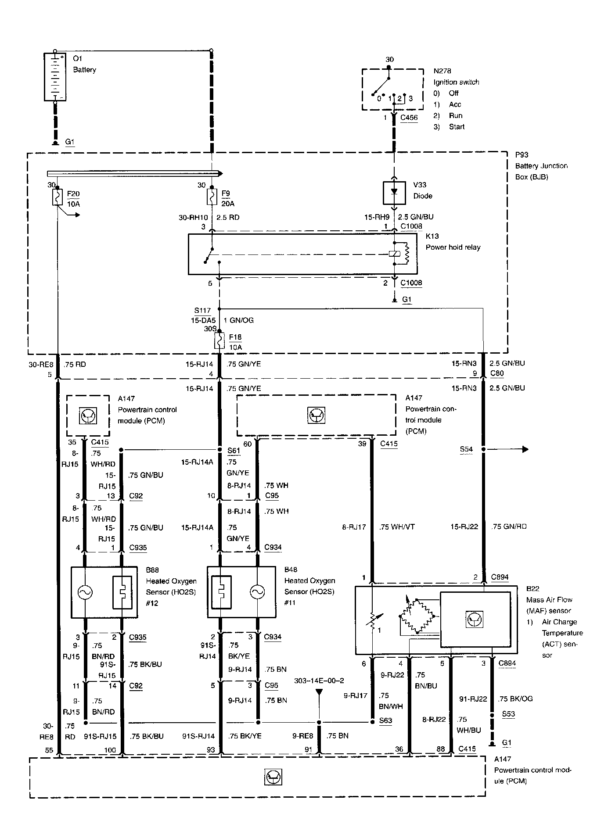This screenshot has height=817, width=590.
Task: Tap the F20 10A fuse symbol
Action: pos(58,197)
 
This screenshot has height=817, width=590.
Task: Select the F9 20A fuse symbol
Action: pos(212,197)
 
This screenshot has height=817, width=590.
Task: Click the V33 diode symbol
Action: pos(394,193)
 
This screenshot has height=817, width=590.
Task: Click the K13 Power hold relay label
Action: pos(453,242)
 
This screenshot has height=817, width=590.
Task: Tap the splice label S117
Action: pos(202,311)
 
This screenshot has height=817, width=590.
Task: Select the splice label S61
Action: pos(234,451)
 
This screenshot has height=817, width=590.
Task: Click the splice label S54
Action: pos(466,449)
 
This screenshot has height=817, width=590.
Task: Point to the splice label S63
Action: pos(385,720)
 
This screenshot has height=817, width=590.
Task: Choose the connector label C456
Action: pos(409,118)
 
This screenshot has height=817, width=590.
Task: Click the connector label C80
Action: pos(496,373)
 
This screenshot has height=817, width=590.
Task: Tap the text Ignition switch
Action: pos(456,82)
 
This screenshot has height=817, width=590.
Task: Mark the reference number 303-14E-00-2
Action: pos(319,681)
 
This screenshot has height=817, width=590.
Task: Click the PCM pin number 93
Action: pos(211,750)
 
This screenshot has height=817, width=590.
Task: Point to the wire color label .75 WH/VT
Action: pos(397,527)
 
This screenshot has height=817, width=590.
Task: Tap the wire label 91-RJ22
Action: pos(473,699)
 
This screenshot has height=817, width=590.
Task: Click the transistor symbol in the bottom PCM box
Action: pos(273,778)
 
